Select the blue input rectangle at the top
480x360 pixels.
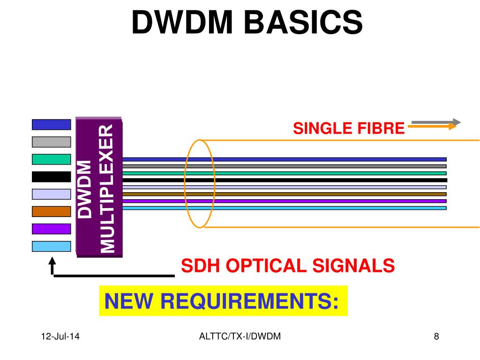point(51,124)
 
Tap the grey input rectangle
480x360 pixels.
point(51,142)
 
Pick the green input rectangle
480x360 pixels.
point(51,159)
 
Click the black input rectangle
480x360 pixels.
point(51,177)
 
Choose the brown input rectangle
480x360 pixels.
point(51,211)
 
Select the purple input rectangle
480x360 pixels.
point(51,229)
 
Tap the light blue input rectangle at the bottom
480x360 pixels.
point(51,246)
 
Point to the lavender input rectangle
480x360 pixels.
point(51,194)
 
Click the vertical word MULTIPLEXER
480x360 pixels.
point(108,188)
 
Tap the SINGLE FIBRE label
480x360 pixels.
point(348,127)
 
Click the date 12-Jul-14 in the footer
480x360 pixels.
point(60,336)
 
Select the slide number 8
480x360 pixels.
point(436,336)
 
